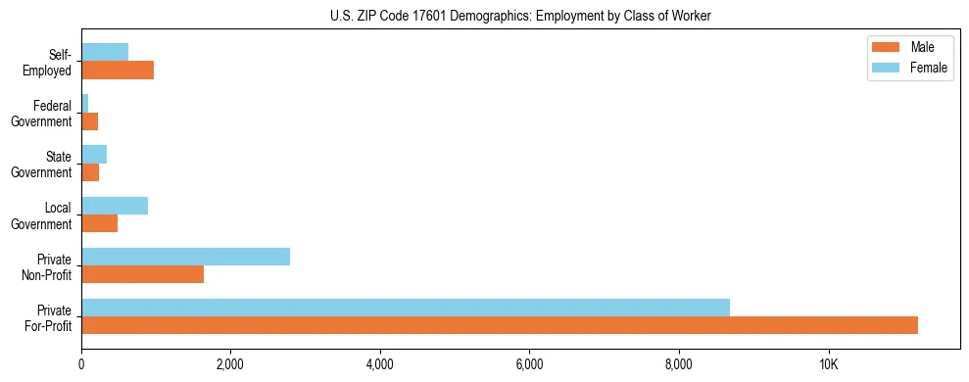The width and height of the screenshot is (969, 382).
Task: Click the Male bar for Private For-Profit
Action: tap(500, 325)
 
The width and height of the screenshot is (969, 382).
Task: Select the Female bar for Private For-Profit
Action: tap(406, 308)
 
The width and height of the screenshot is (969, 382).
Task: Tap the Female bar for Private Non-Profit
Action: tap(185, 257)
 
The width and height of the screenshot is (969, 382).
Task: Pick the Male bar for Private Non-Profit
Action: tap(142, 274)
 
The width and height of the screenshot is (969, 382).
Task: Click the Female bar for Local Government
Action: tap(115, 206)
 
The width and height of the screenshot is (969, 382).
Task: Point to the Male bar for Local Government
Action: tap(99, 223)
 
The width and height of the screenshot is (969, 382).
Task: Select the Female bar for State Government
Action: tap(94, 155)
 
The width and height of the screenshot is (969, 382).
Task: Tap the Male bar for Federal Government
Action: tap(89, 121)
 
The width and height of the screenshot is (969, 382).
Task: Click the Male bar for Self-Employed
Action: tap(118, 71)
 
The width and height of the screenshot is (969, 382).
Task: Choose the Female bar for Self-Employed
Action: tap(105, 53)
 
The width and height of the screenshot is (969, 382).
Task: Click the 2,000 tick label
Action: tap(230, 365)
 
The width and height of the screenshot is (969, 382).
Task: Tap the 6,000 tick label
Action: tap(529, 365)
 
